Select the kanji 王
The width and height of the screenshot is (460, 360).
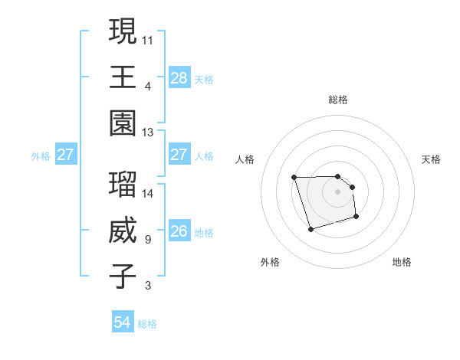(x=123, y=77)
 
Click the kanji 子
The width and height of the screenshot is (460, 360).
(x=123, y=277)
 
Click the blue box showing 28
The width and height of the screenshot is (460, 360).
(x=179, y=77)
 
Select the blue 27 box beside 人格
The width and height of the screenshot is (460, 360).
(x=179, y=155)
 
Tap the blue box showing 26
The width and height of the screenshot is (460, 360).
(x=179, y=231)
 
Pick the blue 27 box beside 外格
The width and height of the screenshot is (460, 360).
(x=66, y=155)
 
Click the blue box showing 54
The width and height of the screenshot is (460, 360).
(x=123, y=322)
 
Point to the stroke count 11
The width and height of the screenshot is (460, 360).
(x=148, y=39)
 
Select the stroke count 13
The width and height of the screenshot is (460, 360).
(x=148, y=132)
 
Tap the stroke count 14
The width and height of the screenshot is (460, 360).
(x=148, y=193)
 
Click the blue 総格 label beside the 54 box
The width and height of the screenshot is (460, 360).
(x=147, y=324)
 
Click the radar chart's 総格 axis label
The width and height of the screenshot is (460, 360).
(x=338, y=100)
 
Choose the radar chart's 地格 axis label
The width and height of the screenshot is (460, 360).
(x=402, y=262)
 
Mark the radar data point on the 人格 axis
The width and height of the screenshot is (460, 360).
(x=294, y=178)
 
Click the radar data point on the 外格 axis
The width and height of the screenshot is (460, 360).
(x=310, y=229)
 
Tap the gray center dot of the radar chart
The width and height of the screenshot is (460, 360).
(x=338, y=191)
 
